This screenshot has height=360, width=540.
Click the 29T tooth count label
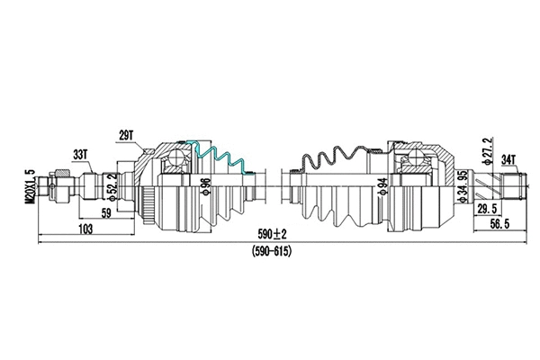pyautogui.click(x=125, y=135)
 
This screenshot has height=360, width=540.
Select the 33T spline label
pyautogui.click(x=81, y=154)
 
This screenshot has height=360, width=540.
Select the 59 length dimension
pyautogui.click(x=106, y=214)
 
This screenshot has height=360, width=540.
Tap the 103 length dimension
pyautogui.click(x=85, y=231)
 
